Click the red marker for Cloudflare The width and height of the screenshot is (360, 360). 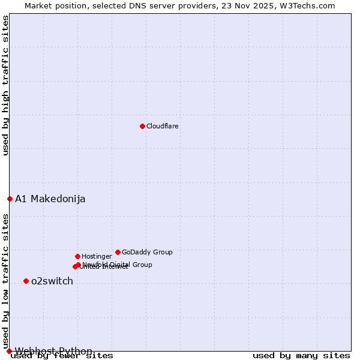tap(142, 126)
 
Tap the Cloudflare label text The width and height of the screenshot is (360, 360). tap(163, 126)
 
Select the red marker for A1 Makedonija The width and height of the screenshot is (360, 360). tap(10, 199)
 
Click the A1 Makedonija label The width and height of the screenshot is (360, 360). tap(50, 199)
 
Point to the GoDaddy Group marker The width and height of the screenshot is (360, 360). tap(118, 252)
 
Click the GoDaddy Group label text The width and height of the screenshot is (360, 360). tap(147, 252)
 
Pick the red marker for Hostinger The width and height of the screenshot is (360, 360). tap(77, 256)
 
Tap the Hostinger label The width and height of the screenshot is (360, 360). tap(97, 256)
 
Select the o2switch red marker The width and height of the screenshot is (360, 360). tap(26, 281)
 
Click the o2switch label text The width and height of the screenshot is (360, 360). tap(52, 281)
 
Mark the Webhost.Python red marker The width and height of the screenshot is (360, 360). tap(9, 351)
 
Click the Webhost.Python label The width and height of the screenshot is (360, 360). tap(54, 351)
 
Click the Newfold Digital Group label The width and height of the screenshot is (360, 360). tap(118, 264)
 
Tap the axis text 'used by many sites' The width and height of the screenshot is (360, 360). tap(301, 356)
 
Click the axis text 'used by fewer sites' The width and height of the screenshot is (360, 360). tap(62, 356)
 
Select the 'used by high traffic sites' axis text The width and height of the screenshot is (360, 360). tap(6, 86)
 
